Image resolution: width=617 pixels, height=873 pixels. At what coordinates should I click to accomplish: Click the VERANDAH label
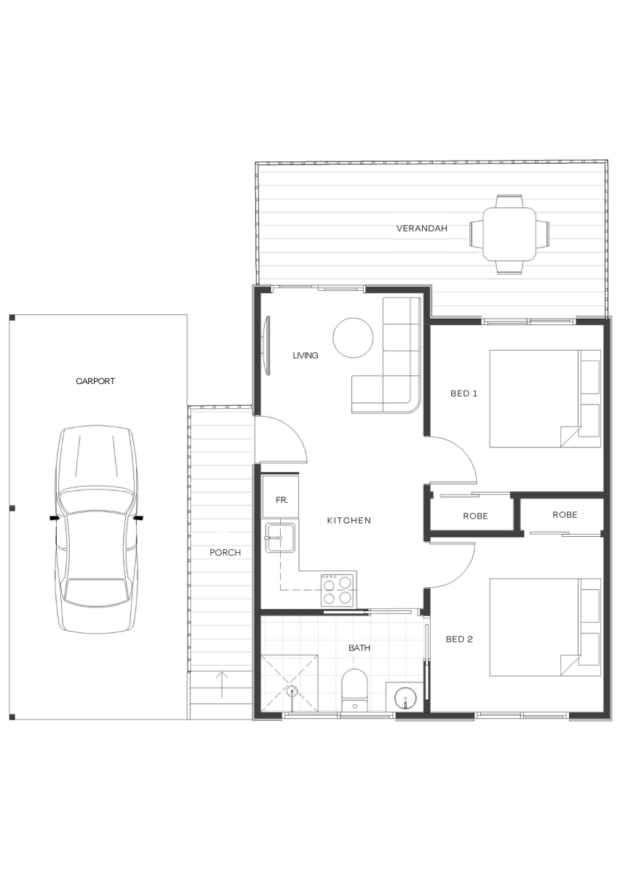pyautogui.click(x=422, y=228)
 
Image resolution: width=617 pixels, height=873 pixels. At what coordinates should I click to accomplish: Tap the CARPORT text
pyautogui.click(x=95, y=381)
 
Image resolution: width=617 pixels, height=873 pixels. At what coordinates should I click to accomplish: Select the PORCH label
pyautogui.click(x=226, y=553)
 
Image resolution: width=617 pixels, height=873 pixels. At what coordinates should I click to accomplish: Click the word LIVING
pyautogui.click(x=306, y=356)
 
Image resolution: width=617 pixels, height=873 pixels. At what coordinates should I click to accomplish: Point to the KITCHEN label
pyautogui.click(x=349, y=520)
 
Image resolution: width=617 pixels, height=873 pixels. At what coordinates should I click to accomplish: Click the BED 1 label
pyautogui.click(x=463, y=394)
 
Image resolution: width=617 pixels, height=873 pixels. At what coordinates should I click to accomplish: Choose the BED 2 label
pyautogui.click(x=459, y=639)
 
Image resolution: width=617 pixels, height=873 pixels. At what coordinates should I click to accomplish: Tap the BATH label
pyautogui.click(x=359, y=648)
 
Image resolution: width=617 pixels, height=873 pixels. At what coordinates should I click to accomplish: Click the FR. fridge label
pyautogui.click(x=282, y=500)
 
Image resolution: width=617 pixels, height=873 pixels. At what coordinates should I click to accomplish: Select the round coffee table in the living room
pyautogui.click(x=353, y=338)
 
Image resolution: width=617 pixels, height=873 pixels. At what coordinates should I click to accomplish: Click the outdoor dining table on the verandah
pyautogui.click(x=509, y=234)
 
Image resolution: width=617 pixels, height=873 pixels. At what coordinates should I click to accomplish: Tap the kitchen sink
pyautogui.click(x=280, y=538)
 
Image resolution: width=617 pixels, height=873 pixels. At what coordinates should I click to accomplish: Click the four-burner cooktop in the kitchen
pyautogui.click(x=339, y=590)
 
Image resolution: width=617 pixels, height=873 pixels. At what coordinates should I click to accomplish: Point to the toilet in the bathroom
pyautogui.click(x=354, y=690)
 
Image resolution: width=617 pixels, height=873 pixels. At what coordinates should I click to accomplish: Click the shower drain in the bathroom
pyautogui.click(x=292, y=692)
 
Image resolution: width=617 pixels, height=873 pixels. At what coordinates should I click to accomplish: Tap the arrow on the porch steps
pyautogui.click(x=222, y=685)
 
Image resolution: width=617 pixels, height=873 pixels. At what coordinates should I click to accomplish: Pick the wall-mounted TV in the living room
pyautogui.click(x=267, y=346)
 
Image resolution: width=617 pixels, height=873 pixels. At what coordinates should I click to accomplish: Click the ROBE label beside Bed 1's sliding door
pyautogui.click(x=476, y=516)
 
